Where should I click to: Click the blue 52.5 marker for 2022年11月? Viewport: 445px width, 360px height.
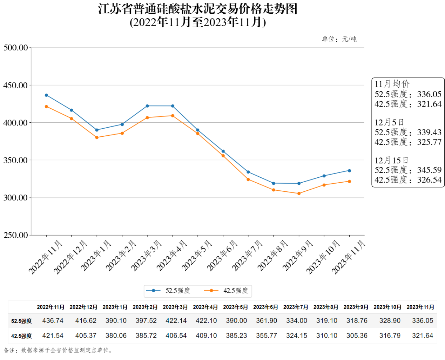[46, 95]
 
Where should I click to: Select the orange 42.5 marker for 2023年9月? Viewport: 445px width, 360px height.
[299, 193]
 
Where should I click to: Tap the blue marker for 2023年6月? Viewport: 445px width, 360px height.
[223, 151]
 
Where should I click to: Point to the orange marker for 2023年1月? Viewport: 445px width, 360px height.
[97, 137]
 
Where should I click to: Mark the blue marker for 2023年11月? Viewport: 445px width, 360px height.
[349, 171]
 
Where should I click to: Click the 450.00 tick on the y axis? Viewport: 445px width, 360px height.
[15, 85]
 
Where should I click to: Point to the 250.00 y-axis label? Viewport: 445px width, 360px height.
[15, 235]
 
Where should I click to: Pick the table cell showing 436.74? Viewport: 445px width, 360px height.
[53, 321]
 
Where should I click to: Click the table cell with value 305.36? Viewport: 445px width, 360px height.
[357, 336]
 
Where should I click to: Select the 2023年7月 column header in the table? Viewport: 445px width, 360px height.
[296, 307]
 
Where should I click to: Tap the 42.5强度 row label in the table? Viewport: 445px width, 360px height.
[21, 336]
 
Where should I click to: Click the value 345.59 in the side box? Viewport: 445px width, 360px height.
[429, 170]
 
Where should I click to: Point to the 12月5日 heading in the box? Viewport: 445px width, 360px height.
[389, 122]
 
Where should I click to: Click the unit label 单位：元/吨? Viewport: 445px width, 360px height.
[339, 39]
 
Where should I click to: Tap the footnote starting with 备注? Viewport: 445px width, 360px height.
[58, 350]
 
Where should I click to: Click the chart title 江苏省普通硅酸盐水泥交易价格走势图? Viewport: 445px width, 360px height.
[198, 9]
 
